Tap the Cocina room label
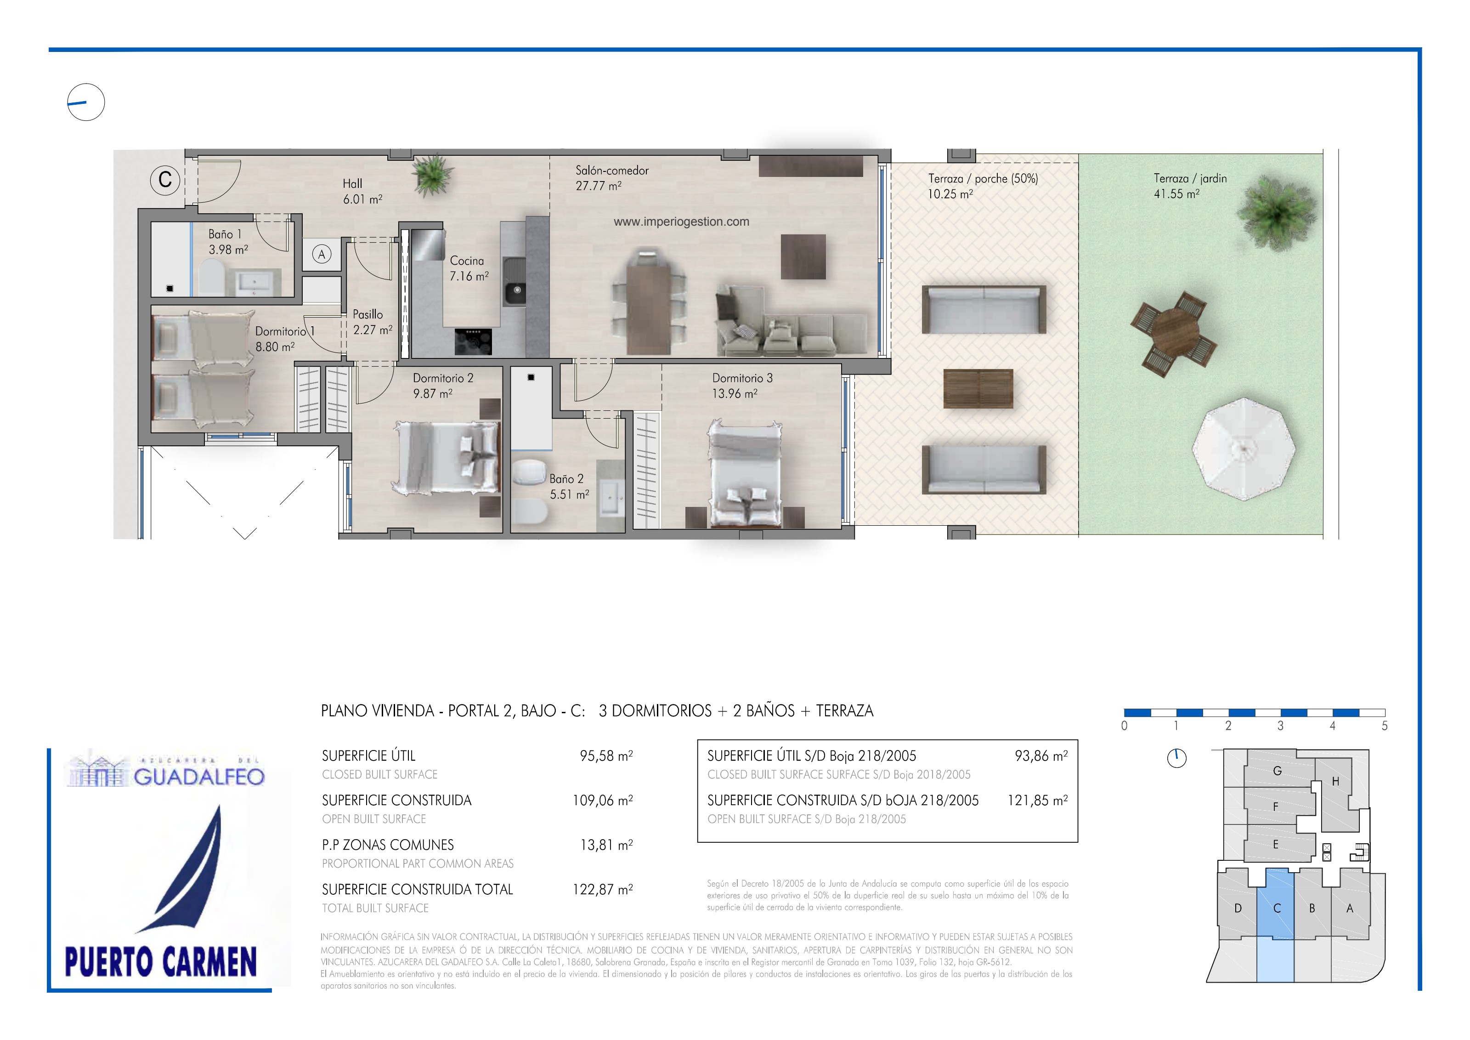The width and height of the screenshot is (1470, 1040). [467, 261]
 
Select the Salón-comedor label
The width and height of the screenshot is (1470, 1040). [612, 170]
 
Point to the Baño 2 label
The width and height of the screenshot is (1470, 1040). [566, 479]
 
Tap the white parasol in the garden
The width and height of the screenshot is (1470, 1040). [1244, 449]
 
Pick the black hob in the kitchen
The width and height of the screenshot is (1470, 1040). [474, 341]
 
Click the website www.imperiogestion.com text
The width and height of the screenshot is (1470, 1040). [681, 222]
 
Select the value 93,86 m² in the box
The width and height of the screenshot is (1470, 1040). [1041, 756]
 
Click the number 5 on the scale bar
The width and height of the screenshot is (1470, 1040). [1385, 726]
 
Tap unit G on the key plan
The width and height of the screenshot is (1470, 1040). [1277, 771]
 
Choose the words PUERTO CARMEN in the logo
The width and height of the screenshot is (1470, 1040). [161, 962]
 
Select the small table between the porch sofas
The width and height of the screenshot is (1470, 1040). [978, 389]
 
